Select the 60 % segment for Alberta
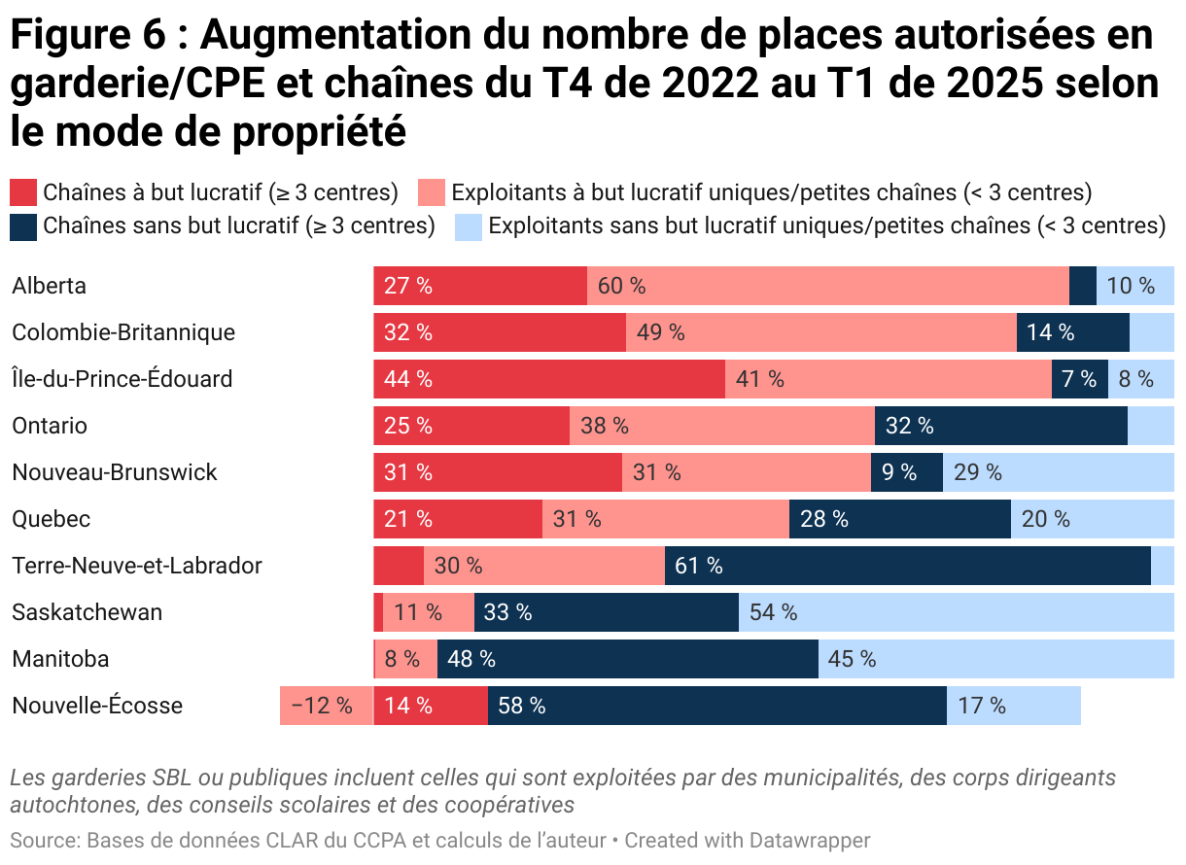827,286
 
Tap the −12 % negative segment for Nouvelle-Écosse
326,706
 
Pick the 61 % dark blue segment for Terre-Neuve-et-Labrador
907,566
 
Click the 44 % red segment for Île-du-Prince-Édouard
549,379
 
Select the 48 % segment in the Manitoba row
627,659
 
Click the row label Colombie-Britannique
123,332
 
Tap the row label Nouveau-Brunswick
115,472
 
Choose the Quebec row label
51,519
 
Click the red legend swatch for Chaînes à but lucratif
24,192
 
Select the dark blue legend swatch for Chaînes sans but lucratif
24,226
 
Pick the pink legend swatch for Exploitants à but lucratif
432,192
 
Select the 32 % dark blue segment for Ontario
1000,426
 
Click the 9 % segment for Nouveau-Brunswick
906,472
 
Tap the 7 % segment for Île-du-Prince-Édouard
1079,379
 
